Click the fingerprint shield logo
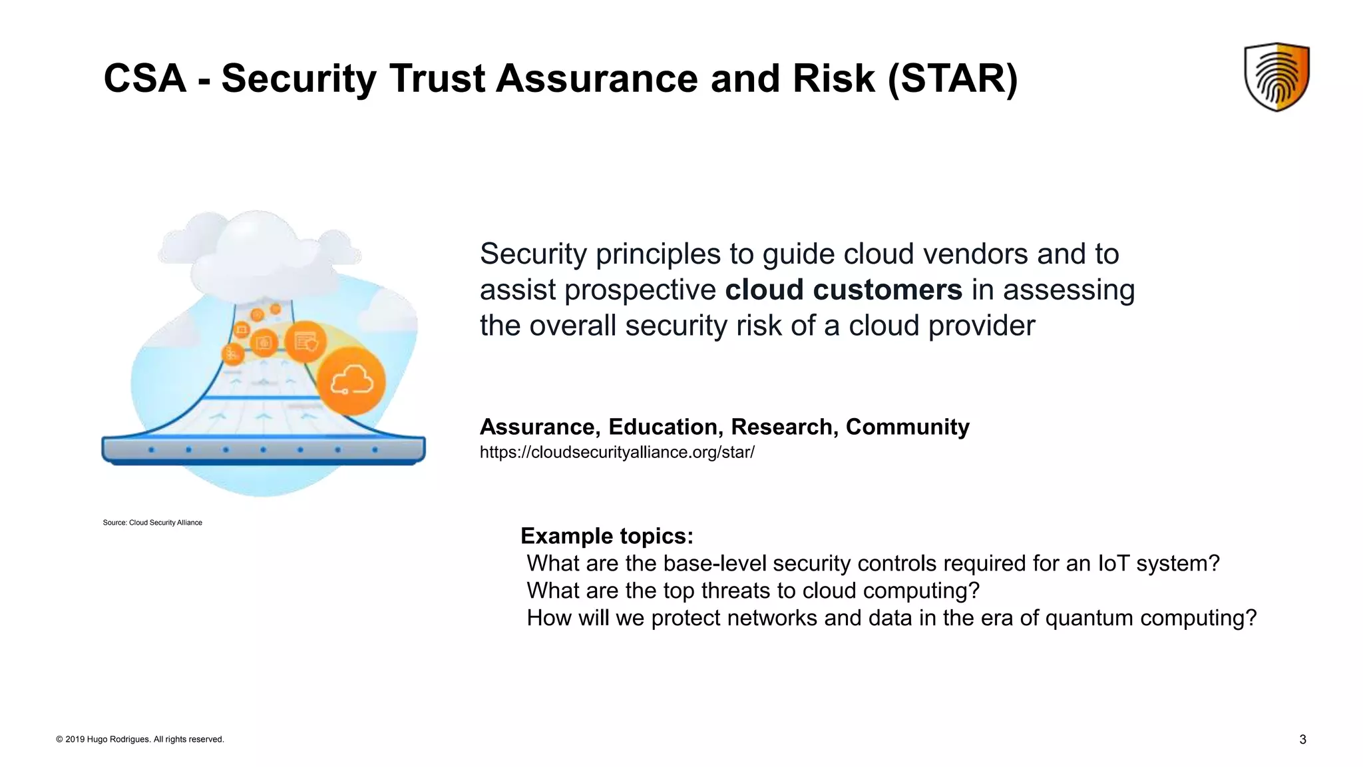(x=1276, y=77)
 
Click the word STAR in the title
(x=952, y=79)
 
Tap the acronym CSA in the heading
(x=144, y=79)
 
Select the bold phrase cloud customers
(x=843, y=290)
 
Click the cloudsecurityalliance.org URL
(x=617, y=453)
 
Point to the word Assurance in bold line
(x=539, y=427)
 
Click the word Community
(x=907, y=427)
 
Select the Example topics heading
(x=606, y=536)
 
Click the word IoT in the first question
(x=1113, y=564)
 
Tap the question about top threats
(x=753, y=591)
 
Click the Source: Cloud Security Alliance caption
(x=152, y=523)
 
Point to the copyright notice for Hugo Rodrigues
(x=140, y=739)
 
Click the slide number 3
(x=1302, y=740)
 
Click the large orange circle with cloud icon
(x=351, y=382)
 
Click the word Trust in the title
(x=437, y=79)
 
